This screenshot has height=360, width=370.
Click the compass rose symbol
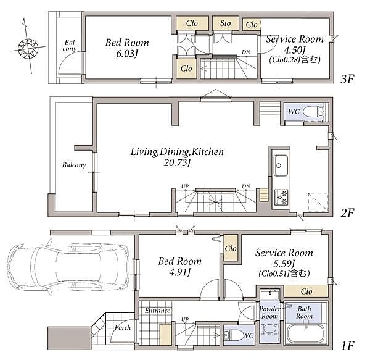coord(28,48)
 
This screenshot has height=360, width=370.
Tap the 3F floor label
coord(347,78)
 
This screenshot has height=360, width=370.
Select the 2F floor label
coord(347,213)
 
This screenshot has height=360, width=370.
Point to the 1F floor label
coord(348,346)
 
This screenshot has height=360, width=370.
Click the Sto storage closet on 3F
coord(226,23)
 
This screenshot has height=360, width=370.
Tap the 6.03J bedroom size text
coord(127,54)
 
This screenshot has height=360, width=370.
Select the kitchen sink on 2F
coord(281,165)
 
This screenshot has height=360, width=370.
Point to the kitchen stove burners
coord(282,197)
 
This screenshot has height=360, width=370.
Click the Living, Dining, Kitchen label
coord(177,152)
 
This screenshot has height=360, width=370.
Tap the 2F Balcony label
coord(74,165)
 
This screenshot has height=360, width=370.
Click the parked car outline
coord(68,267)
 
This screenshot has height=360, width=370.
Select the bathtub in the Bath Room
coord(306,334)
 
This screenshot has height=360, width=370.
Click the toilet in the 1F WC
coord(234,335)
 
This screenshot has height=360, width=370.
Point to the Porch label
coord(123,328)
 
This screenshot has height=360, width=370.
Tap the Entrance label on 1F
coord(157,311)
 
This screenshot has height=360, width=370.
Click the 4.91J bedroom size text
coord(180,272)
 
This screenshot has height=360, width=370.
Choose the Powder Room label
coord(269,312)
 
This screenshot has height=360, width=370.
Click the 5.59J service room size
coord(284,263)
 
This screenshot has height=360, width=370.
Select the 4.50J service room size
coord(295,50)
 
